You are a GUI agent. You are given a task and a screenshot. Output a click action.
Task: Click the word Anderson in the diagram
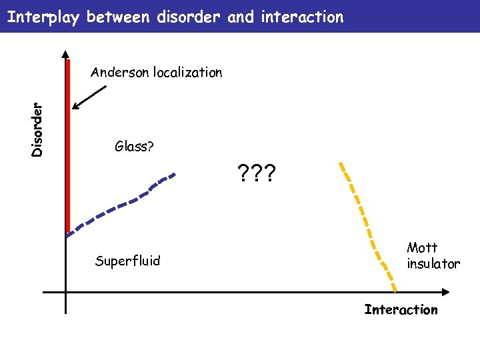[120, 72]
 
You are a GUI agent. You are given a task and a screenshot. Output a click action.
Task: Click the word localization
[187, 72]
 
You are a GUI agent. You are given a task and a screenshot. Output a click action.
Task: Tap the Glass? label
[134, 147]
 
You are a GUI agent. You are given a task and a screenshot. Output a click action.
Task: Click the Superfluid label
[127, 261]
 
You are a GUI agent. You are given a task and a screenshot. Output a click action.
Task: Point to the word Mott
[422, 248]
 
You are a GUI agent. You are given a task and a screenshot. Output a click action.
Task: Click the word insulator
[433, 264]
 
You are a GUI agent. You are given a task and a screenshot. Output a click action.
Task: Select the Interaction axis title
[401, 309]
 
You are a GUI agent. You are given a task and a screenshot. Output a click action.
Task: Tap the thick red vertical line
[69, 147]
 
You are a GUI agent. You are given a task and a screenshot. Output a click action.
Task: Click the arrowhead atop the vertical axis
[65, 55]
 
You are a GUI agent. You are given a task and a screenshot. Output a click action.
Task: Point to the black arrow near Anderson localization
[90, 96]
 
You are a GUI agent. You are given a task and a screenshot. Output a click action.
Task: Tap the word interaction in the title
[301, 17]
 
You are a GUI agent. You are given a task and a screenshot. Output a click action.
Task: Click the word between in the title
[119, 17]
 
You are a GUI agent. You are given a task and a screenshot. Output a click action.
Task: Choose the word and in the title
[241, 17]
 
